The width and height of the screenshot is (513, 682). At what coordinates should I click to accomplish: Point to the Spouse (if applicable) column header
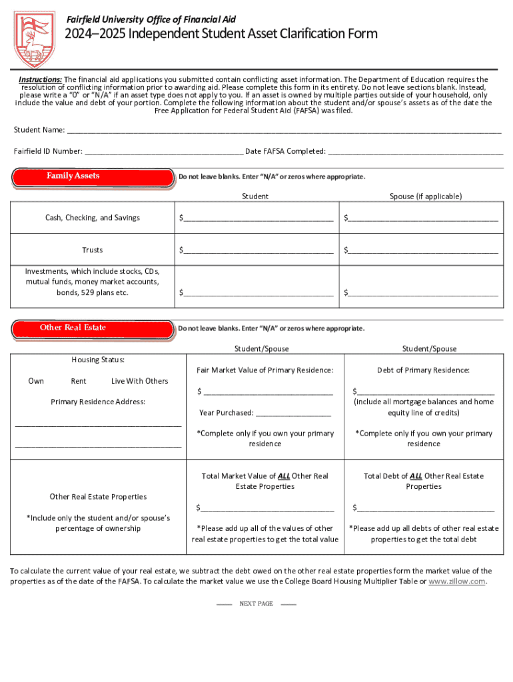425,196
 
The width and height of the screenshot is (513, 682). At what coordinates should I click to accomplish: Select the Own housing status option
36,381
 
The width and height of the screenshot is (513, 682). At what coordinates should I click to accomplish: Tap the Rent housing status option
78,381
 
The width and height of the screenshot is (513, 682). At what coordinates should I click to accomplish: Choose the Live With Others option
139,381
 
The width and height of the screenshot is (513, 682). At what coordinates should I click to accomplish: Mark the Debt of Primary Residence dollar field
426,392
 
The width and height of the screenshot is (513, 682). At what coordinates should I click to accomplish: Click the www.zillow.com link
456,581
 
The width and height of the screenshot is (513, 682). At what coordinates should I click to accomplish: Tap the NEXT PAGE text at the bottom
256,604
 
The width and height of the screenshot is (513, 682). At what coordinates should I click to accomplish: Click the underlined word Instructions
39,79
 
